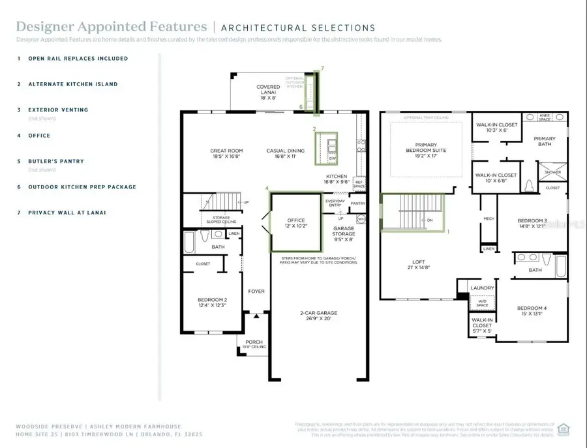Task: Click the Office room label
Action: [296, 220]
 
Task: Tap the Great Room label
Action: [226, 151]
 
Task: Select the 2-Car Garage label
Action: [319, 313]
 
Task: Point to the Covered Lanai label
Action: [268, 87]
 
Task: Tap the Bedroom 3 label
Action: [532, 220]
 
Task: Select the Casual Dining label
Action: [286, 151]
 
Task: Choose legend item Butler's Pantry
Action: [55, 161]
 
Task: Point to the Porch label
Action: [254, 342]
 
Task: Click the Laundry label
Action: [483, 288]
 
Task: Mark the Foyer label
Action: [256, 291]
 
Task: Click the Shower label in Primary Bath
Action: [552, 172]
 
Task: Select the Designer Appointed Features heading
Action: [111, 27]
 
